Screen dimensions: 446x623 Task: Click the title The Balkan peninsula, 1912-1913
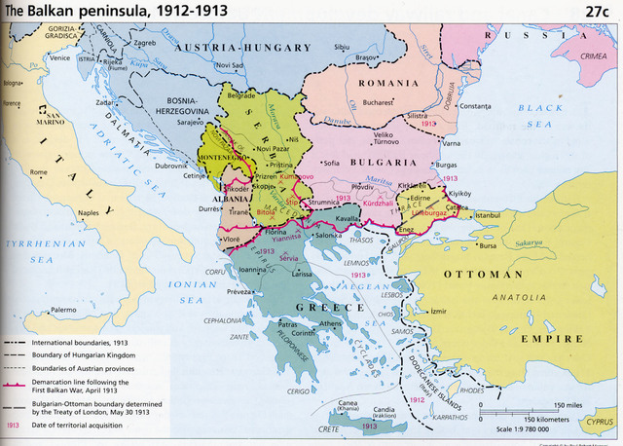(x=95, y=11)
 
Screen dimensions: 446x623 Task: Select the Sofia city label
(x=332, y=162)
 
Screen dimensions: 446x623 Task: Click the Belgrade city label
(x=240, y=95)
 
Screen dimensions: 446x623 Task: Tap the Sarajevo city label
(x=190, y=123)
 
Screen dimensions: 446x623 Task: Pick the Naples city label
(x=89, y=212)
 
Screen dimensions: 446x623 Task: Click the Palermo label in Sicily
(x=63, y=310)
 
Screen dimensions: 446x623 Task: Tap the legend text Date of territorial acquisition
(x=77, y=426)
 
